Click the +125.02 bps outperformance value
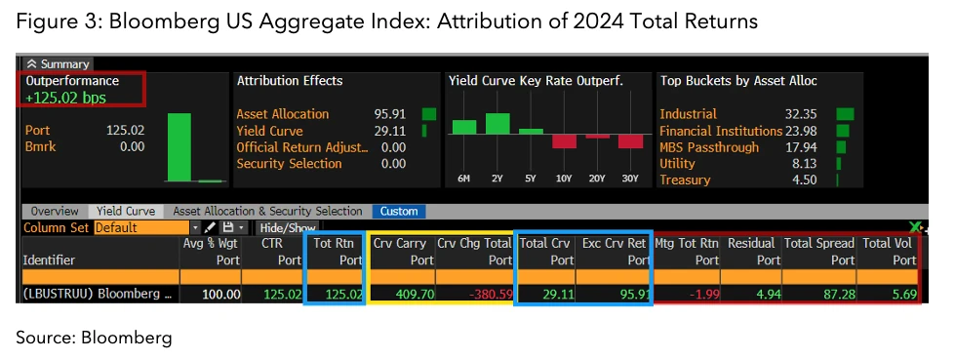(65, 98)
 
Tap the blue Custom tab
(398, 211)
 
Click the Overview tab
(55, 211)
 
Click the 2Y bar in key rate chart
(497, 123)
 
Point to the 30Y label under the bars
(630, 179)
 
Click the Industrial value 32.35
(813, 114)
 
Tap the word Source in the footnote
(39, 338)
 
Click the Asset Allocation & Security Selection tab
(266, 211)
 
